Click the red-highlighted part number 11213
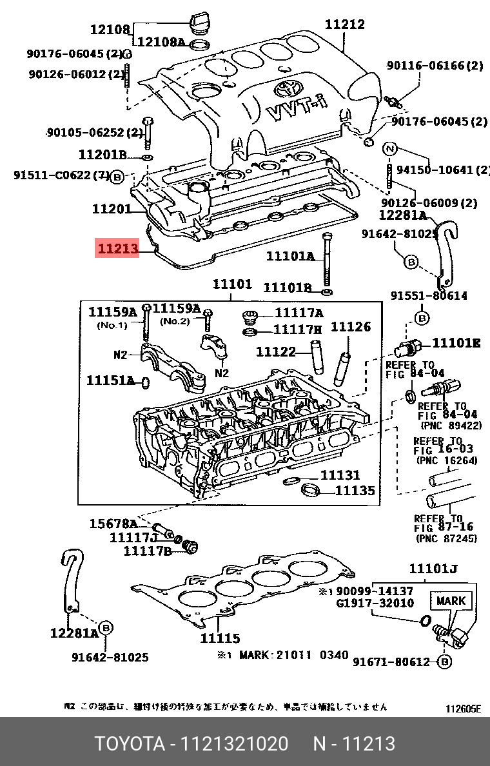(117, 248)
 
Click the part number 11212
(344, 25)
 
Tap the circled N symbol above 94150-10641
(389, 149)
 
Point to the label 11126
(351, 327)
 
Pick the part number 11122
(275, 352)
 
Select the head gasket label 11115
(220, 638)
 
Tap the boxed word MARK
(451, 600)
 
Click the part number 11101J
(433, 569)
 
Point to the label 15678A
(113, 523)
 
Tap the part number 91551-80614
(429, 296)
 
